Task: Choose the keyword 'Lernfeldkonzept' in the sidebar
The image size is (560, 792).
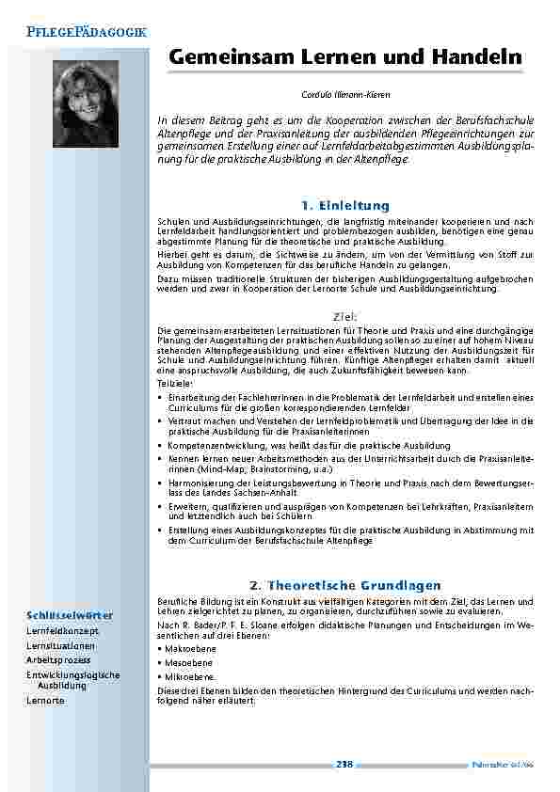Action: point(62,631)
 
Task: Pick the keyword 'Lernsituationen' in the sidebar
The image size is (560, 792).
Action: point(61,646)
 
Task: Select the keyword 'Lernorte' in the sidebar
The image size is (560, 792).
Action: point(46,702)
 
